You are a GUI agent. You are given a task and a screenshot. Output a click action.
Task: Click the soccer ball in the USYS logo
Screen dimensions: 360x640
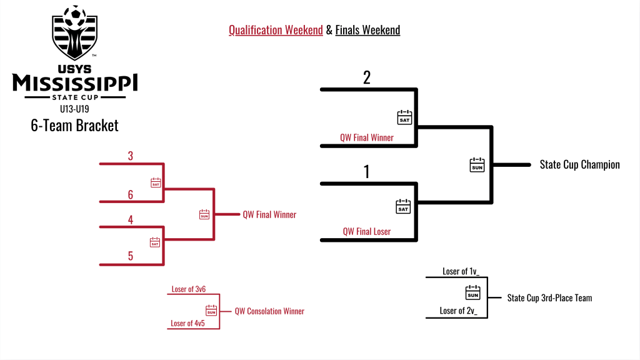click(75, 14)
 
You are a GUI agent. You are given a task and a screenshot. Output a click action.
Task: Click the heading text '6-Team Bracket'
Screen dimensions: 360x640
click(74, 125)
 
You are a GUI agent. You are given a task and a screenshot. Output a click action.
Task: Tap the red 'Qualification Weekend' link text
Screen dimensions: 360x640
click(276, 30)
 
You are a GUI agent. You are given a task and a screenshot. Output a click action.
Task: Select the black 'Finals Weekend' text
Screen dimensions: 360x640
click(367, 30)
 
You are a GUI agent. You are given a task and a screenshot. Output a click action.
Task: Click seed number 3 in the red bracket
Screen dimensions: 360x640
click(131, 156)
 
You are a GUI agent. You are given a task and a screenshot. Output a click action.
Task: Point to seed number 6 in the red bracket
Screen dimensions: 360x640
click(131, 194)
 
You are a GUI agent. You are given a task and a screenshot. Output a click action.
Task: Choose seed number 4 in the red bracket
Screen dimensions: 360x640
click(131, 219)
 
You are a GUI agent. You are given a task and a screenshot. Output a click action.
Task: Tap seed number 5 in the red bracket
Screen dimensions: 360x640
click(131, 256)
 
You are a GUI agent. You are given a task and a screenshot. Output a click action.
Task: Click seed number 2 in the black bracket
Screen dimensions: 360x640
click(367, 77)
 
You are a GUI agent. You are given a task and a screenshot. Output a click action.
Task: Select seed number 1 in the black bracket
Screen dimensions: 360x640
click(367, 172)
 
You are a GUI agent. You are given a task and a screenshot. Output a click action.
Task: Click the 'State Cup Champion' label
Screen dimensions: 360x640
click(579, 165)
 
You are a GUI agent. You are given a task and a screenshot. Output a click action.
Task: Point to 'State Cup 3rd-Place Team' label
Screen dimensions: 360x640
click(549, 298)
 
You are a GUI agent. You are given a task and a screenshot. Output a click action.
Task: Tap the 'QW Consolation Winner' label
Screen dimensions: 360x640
click(269, 311)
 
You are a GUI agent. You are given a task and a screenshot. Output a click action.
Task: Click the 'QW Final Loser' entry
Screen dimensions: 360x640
click(366, 231)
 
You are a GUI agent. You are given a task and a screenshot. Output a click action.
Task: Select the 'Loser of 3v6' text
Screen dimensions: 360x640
click(188, 290)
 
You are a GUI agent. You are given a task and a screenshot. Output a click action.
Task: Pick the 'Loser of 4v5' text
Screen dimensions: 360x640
click(188, 323)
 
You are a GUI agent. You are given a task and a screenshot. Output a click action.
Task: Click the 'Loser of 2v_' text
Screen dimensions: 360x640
click(459, 311)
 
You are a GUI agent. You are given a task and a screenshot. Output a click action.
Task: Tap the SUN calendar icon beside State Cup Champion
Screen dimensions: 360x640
click(477, 165)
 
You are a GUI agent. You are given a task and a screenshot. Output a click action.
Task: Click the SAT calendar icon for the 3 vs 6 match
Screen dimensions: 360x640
click(156, 182)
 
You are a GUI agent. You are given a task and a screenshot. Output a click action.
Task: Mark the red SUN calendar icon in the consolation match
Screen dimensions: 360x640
click(211, 310)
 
